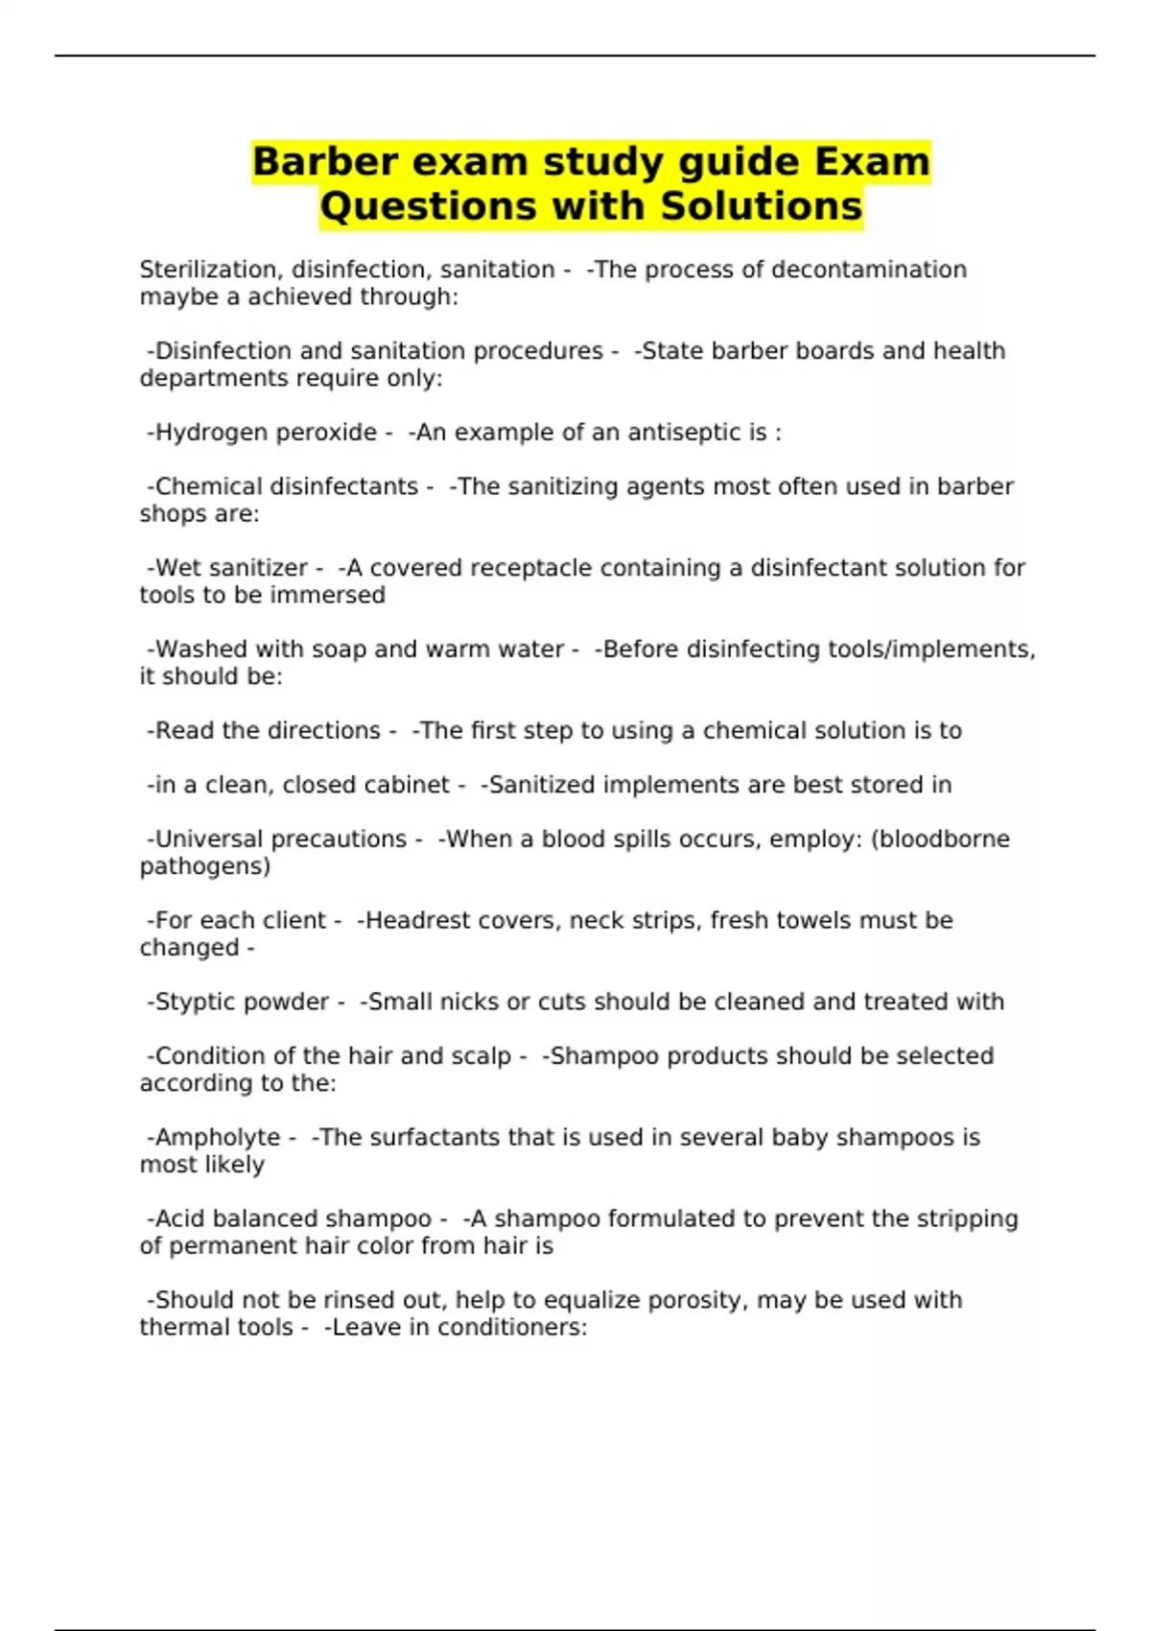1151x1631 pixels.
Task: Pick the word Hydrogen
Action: coord(207,433)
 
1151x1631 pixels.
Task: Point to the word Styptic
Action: coord(196,1002)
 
